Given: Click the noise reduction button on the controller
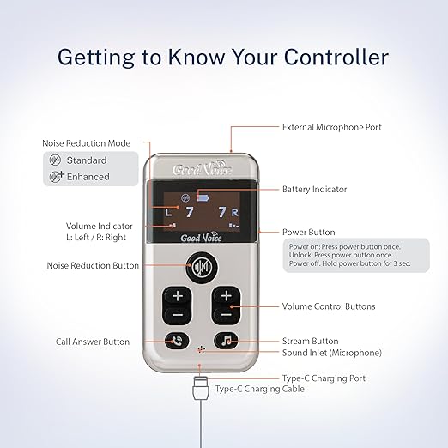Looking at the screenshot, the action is [x=202, y=268].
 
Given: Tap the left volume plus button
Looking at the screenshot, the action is [x=178, y=296].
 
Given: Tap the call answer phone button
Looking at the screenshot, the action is [x=177, y=341].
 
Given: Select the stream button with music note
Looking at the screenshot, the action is [x=226, y=341].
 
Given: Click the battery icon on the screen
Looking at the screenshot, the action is [x=203, y=197].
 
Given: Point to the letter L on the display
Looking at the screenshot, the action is [x=168, y=212].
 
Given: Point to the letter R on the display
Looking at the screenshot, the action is [x=235, y=212].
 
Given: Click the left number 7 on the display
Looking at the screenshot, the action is [x=190, y=212].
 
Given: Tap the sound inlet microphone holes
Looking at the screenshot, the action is [x=202, y=349].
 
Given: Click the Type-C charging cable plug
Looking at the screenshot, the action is [x=201, y=388].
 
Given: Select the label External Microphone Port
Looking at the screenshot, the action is [x=332, y=127].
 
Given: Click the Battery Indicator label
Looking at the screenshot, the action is [x=314, y=189].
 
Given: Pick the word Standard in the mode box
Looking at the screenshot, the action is [x=87, y=160].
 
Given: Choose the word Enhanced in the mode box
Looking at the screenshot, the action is [x=88, y=177].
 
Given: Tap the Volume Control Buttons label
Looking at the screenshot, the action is [x=329, y=306].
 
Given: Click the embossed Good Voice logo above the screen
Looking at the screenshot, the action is [x=202, y=168].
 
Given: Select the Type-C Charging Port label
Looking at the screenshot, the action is [x=324, y=378].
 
